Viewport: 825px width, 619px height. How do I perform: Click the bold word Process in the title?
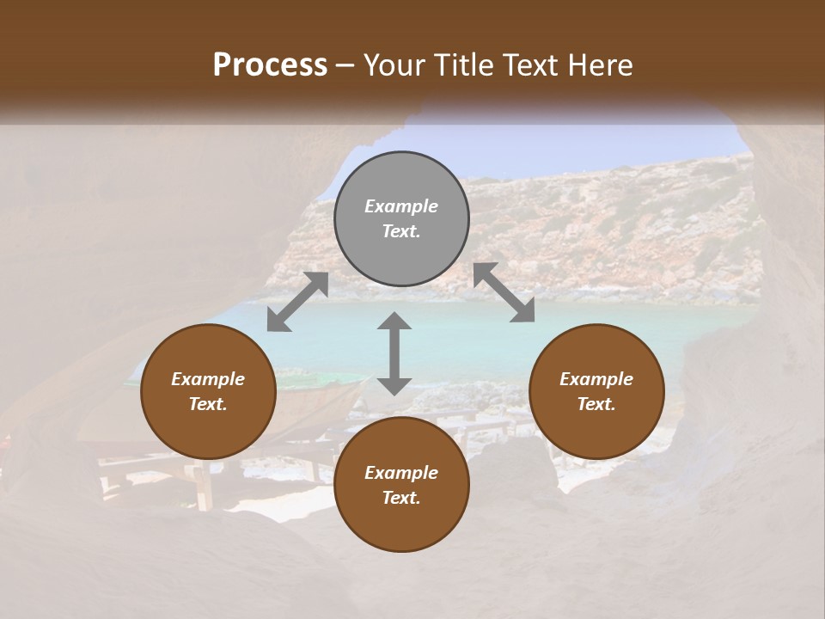270,64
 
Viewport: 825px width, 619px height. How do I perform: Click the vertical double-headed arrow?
394,353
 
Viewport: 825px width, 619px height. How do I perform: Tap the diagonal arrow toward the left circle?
297,302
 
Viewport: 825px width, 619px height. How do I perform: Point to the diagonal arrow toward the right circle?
504,292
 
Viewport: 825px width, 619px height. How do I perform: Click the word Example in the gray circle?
401,206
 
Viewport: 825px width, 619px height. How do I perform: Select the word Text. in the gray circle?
401,231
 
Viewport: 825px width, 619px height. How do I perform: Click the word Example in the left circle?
208,379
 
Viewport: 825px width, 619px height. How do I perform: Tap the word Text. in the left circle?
208,404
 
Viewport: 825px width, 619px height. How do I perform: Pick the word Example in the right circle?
596,379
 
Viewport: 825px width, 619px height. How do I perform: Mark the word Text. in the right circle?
596,404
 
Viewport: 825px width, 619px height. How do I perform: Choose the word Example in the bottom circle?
401,473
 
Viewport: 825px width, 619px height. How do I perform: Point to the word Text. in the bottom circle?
401,498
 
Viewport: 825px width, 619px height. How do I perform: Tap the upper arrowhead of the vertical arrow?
394,322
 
